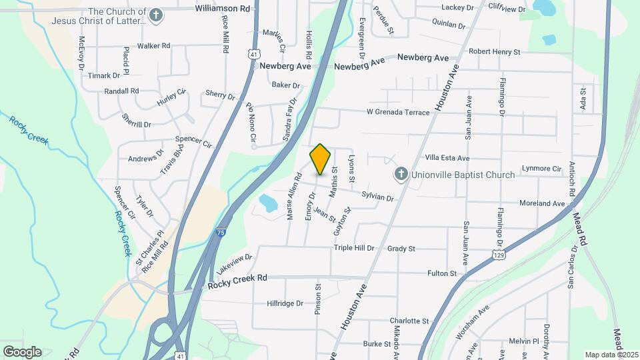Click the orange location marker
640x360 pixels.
321,159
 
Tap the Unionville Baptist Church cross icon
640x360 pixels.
401,175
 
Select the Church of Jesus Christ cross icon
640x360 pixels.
156,16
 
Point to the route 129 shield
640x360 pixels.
498,255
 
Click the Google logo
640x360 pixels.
22,351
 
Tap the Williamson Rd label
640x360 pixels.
222,9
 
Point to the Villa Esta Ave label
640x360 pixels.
447,158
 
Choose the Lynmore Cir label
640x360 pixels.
541,169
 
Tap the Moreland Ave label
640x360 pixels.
543,203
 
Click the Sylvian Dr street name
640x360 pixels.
377,197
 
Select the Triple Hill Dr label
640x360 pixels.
354,248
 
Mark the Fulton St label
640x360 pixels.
441,273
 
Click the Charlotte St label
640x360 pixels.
409,321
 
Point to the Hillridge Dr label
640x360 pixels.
285,303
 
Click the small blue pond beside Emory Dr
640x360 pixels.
267,202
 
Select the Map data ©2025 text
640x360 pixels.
610,355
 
